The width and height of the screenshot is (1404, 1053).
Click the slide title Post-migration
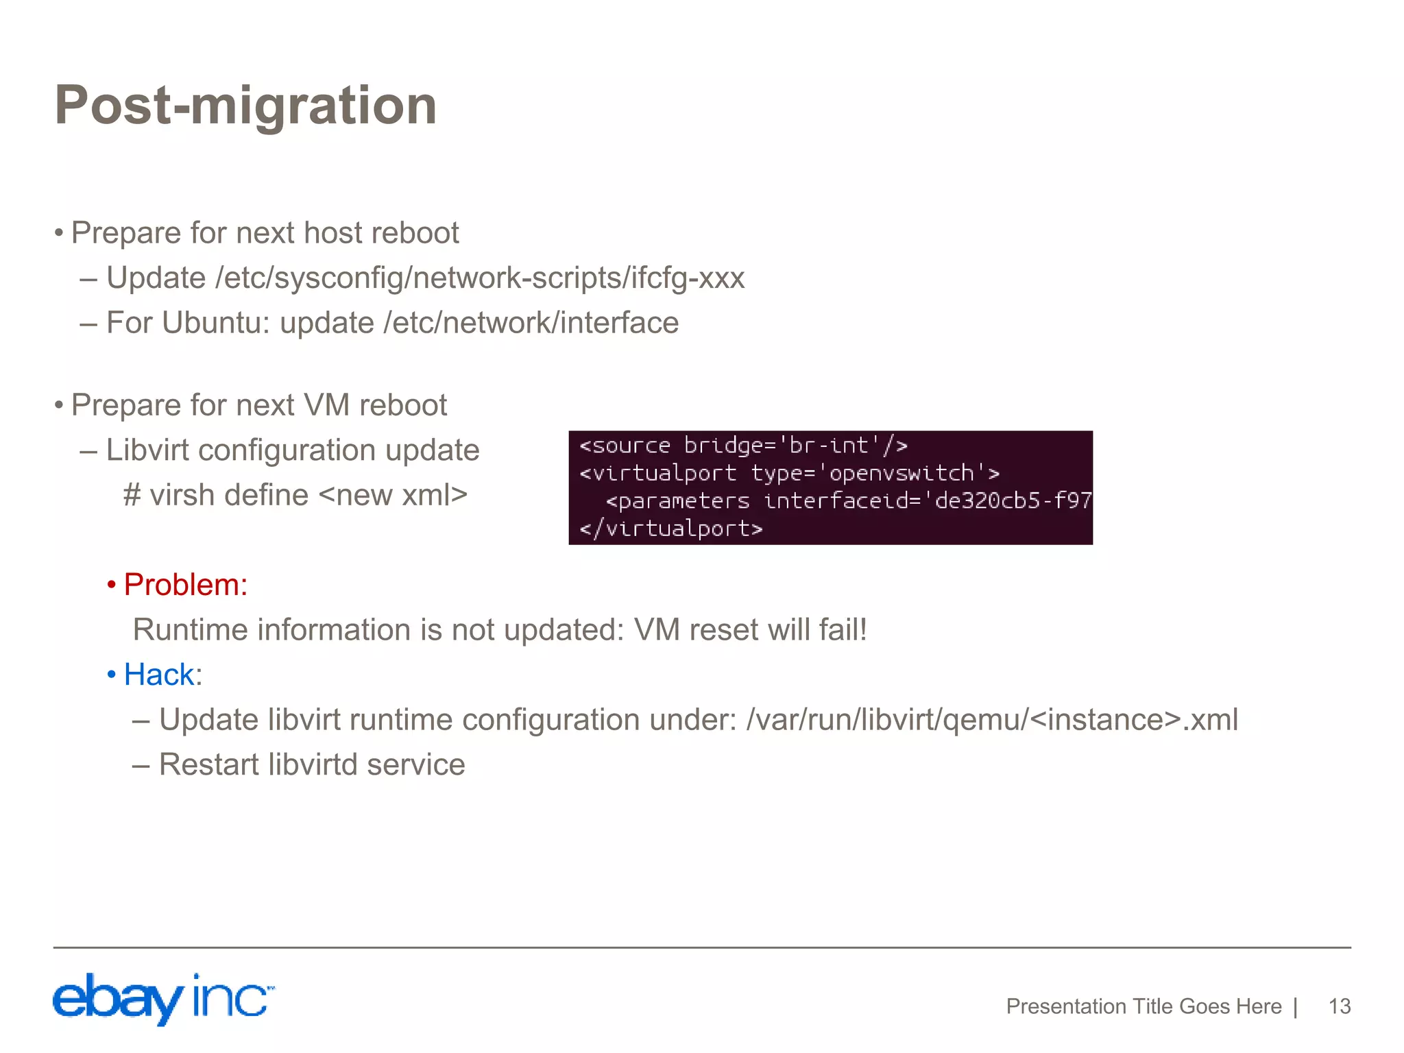pos(245,105)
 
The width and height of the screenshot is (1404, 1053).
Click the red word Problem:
pos(185,585)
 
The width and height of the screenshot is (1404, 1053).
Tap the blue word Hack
pos(159,675)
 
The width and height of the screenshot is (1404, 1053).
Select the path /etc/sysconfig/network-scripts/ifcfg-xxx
pos(480,278)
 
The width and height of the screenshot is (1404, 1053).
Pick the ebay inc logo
pos(163,999)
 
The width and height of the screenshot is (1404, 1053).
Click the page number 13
pos(1339,1006)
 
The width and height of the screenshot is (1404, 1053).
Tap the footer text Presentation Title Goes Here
pos(1143,1006)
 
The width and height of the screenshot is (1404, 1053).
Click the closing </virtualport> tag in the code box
pos(670,529)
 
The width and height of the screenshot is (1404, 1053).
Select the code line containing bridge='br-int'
pos(743,446)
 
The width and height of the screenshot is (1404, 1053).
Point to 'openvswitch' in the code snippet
pos(901,473)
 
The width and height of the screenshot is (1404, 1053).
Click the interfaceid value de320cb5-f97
pos(1013,500)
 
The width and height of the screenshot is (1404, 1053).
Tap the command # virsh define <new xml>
pos(295,495)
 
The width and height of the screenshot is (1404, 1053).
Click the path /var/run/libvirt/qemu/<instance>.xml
pos(992,720)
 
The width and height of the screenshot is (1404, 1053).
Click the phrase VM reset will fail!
pos(751,629)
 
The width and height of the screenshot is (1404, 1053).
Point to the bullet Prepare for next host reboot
pos(265,233)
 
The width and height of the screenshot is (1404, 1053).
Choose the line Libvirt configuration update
pos(293,450)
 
